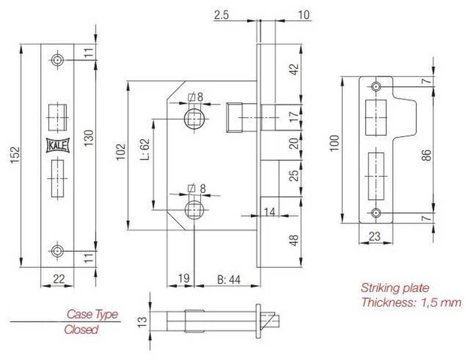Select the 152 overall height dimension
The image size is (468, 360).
16,156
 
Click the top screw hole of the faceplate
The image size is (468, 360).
58,60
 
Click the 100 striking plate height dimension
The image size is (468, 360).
334,144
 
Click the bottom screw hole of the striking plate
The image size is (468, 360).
377,213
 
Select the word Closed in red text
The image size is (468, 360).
81,329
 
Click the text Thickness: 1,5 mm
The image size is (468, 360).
411,302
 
